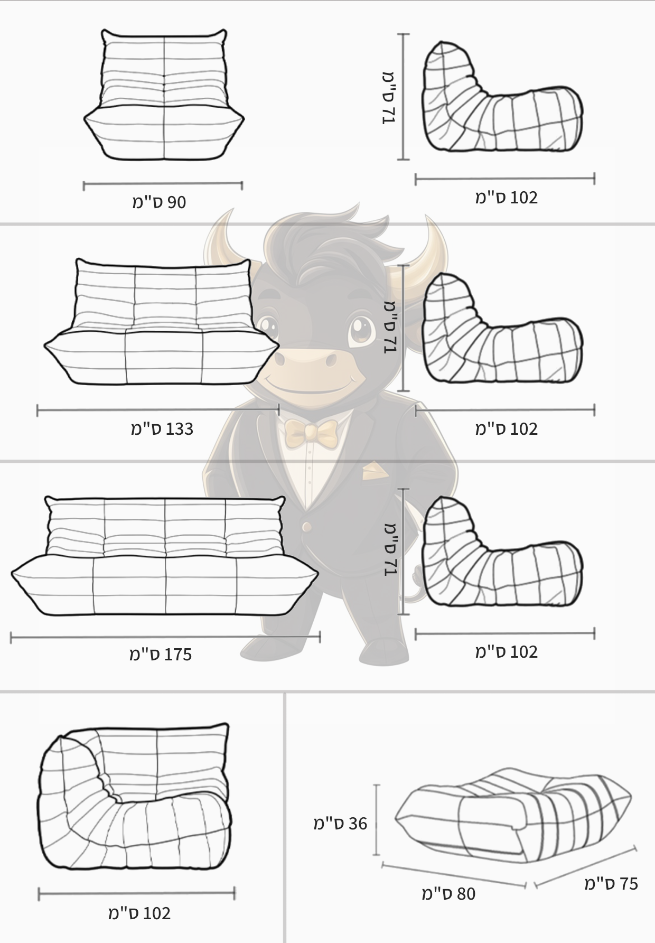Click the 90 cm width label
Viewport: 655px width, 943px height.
pos(159,202)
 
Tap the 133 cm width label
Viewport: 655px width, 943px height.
pos(162,429)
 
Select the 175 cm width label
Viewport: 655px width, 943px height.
pos(161,655)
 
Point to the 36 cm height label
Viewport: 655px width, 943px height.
pos(340,823)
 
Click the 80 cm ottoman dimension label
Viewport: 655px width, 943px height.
pos(448,893)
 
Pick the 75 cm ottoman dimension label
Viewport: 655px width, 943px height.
pos(611,883)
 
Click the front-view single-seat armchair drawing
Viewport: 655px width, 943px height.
pos(164,95)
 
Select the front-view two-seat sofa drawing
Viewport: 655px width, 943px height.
pos(162,321)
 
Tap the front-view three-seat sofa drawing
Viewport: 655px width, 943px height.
pos(165,556)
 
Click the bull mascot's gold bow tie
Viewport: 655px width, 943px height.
pos(311,433)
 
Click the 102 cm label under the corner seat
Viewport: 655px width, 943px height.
pos(139,913)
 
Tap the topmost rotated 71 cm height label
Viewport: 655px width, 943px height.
pos(389,98)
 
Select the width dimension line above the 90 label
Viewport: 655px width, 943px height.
pos(163,185)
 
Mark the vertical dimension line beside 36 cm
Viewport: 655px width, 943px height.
pos(377,819)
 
